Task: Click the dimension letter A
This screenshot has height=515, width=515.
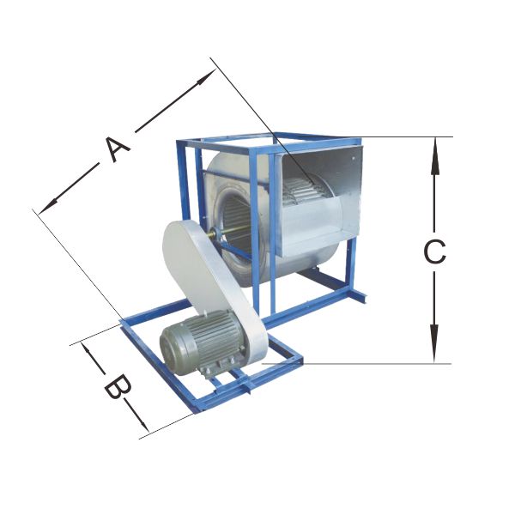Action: pos(117,150)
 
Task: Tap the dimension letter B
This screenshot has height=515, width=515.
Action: pos(118,387)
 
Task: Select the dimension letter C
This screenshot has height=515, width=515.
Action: pos(434,251)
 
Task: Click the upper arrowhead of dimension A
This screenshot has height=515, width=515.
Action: pos(207,77)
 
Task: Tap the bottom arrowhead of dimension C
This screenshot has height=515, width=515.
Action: pos(434,344)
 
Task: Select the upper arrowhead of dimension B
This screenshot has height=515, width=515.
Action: pos(87,350)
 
